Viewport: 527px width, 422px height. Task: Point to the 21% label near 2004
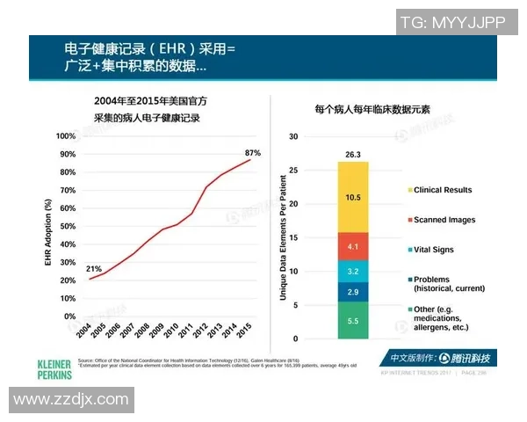(93, 268)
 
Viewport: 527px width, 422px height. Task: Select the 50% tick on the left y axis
(67, 226)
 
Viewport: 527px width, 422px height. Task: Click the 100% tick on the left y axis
(65, 136)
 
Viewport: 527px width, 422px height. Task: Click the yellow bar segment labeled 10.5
(352, 198)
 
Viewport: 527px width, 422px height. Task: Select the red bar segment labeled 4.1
(352, 246)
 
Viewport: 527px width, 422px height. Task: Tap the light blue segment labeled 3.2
(352, 271)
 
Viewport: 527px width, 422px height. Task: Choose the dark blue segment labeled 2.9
(352, 291)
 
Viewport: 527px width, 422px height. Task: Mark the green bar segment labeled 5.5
(352, 321)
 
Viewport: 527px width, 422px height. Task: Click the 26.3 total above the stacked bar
(352, 155)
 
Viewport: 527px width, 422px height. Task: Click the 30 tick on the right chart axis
(294, 137)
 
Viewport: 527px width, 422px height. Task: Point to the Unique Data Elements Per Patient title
(283, 236)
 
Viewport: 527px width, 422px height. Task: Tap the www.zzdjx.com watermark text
(70, 400)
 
